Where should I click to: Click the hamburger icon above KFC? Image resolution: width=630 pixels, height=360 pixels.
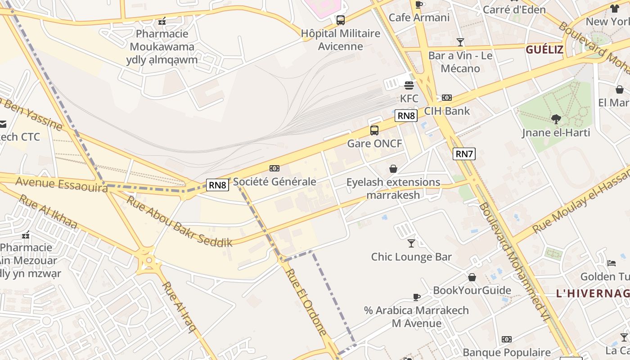tap(409, 85)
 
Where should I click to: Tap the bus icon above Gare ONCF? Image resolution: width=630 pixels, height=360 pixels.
tap(374, 130)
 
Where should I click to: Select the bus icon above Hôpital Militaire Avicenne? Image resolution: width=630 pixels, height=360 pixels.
tap(341, 20)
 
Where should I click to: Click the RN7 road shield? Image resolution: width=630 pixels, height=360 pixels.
tap(464, 154)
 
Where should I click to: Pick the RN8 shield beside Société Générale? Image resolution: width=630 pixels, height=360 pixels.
tap(217, 184)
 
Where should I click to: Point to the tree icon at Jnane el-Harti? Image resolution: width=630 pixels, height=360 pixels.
tap(556, 119)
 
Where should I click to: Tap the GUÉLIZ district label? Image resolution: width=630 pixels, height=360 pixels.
tap(544, 49)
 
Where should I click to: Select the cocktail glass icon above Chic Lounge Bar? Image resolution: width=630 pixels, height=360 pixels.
tap(411, 243)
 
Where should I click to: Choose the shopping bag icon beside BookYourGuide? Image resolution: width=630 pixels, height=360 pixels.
tap(472, 277)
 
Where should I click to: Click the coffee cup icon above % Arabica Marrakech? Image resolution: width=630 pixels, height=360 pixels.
tap(417, 297)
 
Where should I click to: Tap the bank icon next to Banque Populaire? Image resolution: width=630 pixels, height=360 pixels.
tap(507, 339)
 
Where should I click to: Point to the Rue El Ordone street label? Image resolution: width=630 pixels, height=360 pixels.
tap(306, 302)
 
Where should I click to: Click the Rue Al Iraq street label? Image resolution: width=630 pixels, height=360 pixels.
tap(180, 307)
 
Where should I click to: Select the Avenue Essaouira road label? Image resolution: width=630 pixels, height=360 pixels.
tap(61, 184)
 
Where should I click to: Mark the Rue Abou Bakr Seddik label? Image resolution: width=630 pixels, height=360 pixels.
tap(179, 221)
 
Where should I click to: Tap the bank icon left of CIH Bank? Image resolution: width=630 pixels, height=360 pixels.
tap(446, 98)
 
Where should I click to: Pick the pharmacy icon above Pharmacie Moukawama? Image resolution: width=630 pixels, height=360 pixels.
tap(162, 21)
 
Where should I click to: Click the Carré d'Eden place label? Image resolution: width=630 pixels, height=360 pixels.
tap(514, 9)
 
